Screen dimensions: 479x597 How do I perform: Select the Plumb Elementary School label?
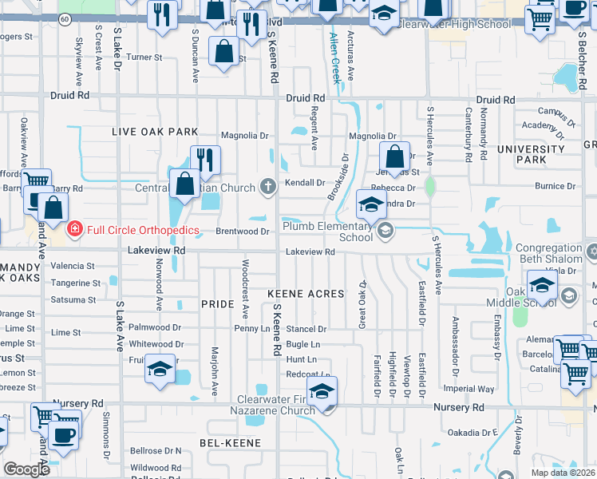[x=327, y=232]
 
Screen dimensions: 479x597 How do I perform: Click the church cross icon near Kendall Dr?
[x=268, y=188]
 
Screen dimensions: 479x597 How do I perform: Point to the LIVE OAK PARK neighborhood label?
[x=155, y=132]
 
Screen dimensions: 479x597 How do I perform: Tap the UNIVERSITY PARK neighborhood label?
[x=530, y=155]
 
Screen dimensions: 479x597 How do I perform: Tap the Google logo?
[x=27, y=469]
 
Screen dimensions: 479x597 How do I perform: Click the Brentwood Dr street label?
[x=243, y=232]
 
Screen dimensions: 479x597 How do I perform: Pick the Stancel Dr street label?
[x=306, y=329]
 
